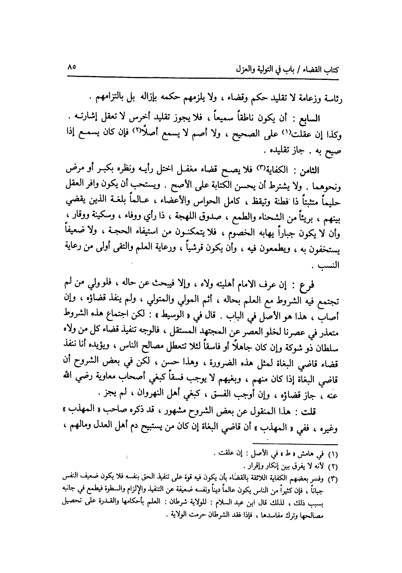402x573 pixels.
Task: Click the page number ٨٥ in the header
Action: pyautogui.click(x=71, y=67)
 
